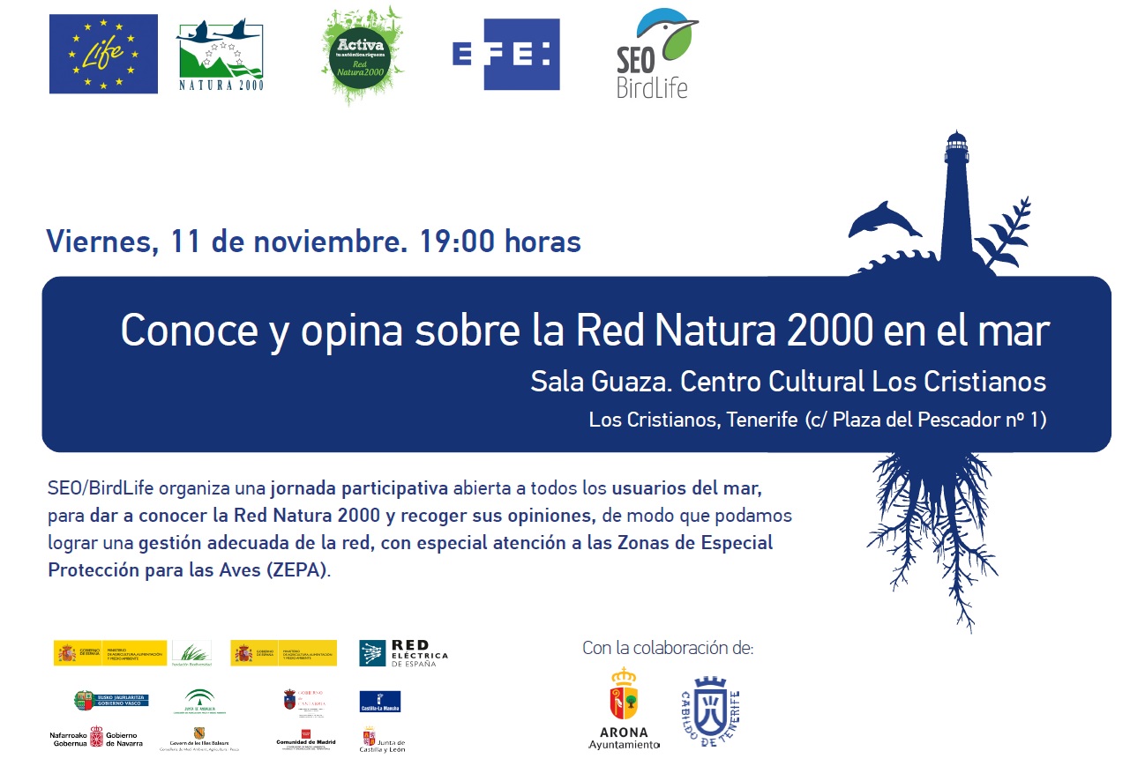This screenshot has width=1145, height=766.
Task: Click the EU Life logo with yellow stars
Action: click(x=103, y=54)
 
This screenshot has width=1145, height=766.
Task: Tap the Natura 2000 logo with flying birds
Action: click(x=221, y=56)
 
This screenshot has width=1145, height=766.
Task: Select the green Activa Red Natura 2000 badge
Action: click(x=363, y=55)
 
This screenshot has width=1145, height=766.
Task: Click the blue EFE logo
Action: click(x=505, y=54)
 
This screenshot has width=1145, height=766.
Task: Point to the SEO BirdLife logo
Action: click(x=655, y=55)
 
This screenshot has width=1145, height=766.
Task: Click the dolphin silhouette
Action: click(x=882, y=220)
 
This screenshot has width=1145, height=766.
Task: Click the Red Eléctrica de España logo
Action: click(x=403, y=653)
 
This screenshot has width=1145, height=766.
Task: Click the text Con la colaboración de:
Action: click(x=668, y=649)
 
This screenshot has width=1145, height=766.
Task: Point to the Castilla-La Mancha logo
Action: click(x=380, y=702)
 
